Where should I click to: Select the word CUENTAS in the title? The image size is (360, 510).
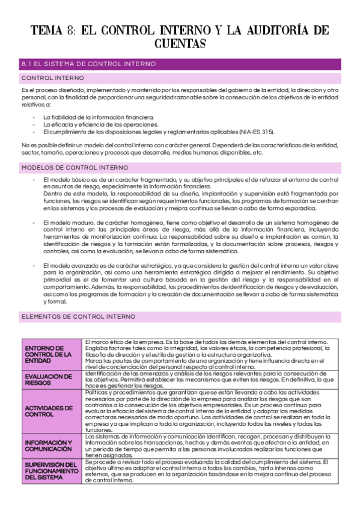point(180,44)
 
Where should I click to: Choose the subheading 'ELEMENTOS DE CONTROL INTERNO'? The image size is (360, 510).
point(78,316)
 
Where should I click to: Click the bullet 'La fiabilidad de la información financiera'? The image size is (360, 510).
point(99,117)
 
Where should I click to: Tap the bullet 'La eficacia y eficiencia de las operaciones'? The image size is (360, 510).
point(100,124)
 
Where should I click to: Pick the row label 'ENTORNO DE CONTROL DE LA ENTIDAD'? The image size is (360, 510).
point(52,355)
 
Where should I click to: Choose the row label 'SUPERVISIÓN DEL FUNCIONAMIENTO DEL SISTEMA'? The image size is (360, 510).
point(52,471)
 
